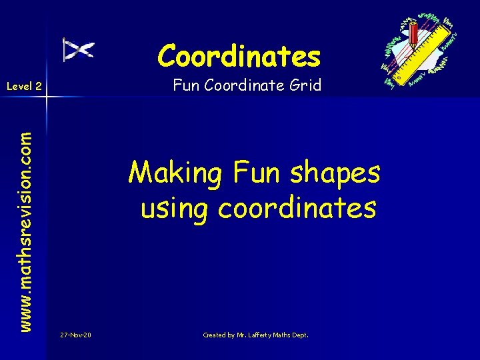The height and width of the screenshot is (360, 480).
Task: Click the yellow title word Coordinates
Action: (239, 56)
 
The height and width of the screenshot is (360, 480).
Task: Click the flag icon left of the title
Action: (78, 49)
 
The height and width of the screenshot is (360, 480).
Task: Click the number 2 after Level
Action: (39, 86)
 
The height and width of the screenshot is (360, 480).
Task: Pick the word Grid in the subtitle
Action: (307, 85)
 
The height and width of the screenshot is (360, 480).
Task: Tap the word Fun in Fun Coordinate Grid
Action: (184, 85)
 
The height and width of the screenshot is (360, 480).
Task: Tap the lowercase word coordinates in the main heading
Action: (297, 208)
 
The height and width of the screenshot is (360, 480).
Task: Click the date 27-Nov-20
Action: (75, 335)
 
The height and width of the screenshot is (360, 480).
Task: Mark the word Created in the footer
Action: (215, 335)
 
